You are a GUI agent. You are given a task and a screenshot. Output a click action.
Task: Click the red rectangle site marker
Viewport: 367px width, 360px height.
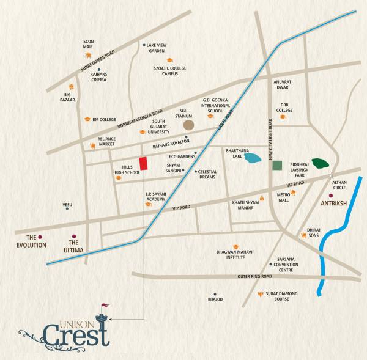tap(143, 164)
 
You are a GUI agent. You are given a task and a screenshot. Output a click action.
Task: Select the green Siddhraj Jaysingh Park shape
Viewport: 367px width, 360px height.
tap(319, 163)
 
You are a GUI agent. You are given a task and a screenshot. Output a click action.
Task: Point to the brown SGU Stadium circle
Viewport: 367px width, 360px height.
tap(189, 124)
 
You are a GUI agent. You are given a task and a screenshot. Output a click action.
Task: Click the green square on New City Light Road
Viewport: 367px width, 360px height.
tap(277, 164)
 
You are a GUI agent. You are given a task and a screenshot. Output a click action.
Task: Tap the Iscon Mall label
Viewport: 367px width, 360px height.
tap(88, 44)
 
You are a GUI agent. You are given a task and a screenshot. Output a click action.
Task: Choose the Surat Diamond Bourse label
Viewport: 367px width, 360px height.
tap(281, 296)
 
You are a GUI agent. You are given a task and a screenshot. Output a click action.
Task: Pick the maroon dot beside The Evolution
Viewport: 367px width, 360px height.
tap(39, 237)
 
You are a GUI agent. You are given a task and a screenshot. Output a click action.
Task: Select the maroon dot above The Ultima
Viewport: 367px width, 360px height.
tap(74, 236)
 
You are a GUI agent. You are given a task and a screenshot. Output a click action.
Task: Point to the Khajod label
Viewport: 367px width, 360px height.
tap(215, 299)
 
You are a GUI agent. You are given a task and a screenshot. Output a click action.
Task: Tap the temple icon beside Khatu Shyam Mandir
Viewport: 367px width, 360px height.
tap(262, 197)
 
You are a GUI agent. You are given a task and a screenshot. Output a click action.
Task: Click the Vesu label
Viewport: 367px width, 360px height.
tap(67, 204)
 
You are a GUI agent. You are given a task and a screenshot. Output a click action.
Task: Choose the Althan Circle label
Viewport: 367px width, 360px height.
tap(339, 185)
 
